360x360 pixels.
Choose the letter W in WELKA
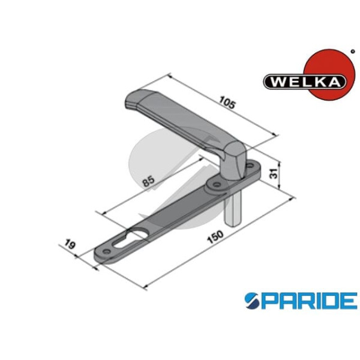(x=274, y=80)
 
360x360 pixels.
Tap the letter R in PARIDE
(x=302, y=299)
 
